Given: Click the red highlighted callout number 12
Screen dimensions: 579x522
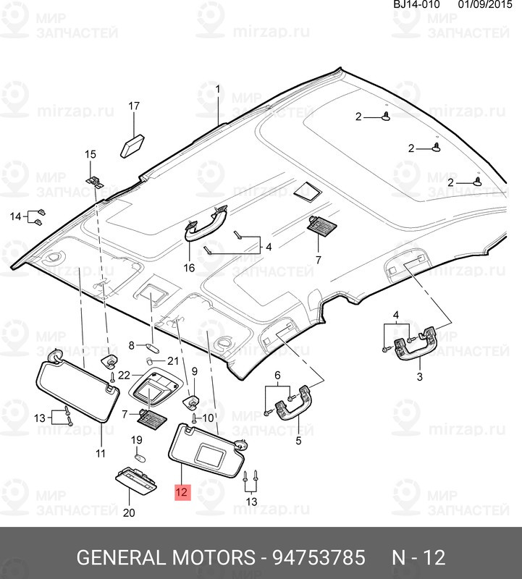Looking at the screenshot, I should coord(181,493).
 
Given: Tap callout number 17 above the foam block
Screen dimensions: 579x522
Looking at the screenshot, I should coord(133,106).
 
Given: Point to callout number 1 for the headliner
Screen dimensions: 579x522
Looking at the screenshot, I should coord(218,88).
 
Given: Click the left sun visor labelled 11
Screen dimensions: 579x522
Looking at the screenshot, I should coord(76,391).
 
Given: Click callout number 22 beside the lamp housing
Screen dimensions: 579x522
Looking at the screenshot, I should coord(124,375).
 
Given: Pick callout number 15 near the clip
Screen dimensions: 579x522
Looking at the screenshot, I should coord(90,154).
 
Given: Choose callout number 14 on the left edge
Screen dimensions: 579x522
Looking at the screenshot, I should coord(15,216).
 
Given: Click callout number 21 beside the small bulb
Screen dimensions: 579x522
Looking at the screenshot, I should coord(172,360).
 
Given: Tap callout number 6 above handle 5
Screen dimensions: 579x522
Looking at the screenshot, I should coord(277,374).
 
